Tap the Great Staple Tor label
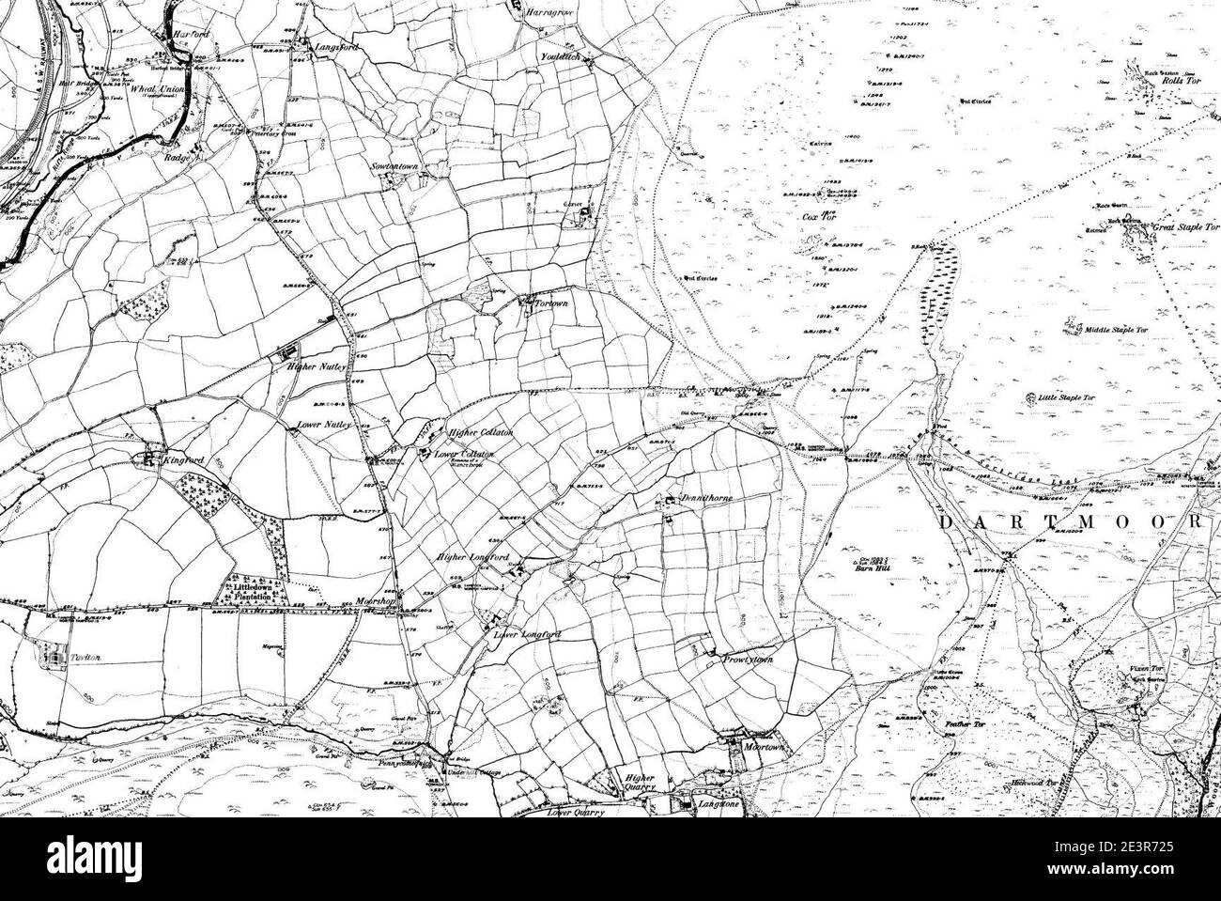1185,227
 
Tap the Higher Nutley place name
317,368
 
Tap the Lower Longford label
528,635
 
